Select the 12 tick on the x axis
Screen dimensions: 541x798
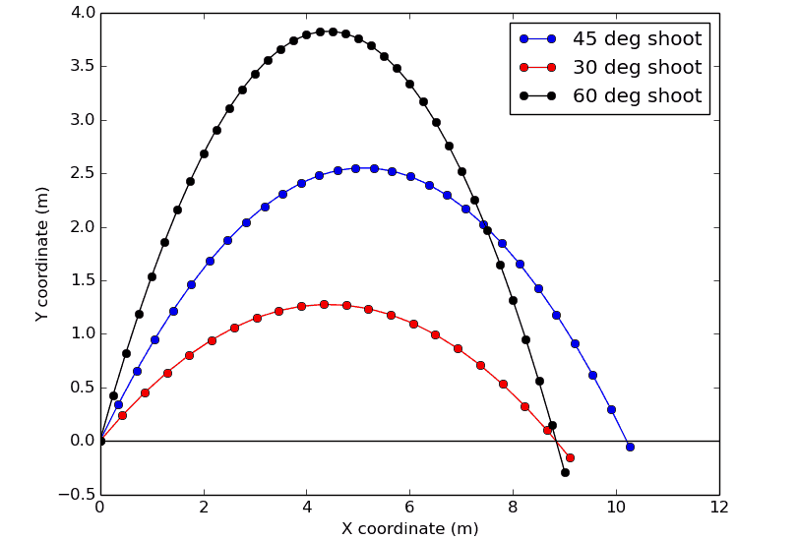[x=719, y=508]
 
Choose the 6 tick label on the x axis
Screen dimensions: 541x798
[x=409, y=508]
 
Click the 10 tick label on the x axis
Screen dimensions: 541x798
[x=616, y=508]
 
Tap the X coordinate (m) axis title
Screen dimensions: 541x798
[x=409, y=529]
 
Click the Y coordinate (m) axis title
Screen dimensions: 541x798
[x=42, y=254]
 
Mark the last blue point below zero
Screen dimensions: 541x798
[x=630, y=447]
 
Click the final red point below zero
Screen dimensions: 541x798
[x=570, y=457]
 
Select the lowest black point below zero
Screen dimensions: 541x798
[x=565, y=472]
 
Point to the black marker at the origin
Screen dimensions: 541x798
[x=100, y=441]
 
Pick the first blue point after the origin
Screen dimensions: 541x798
[x=118, y=404]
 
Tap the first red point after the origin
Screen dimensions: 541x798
[x=122, y=415]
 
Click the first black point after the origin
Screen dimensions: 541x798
[x=113, y=395]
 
